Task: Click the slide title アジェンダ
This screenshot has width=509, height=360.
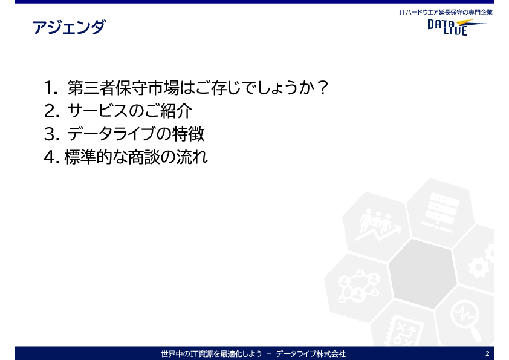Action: [x=69, y=27]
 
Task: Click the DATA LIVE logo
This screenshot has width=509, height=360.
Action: [x=456, y=27]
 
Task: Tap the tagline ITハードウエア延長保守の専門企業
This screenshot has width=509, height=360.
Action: [x=446, y=12]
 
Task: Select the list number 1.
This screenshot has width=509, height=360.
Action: [x=51, y=88]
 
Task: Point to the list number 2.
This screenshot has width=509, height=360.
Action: [x=51, y=111]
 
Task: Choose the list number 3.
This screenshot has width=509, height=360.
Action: [x=51, y=134]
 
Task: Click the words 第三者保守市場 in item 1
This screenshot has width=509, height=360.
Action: [x=123, y=88]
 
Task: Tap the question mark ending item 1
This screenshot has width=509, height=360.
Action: [x=322, y=88]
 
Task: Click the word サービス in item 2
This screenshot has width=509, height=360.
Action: [x=97, y=111]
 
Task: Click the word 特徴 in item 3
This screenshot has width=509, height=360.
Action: [x=188, y=134]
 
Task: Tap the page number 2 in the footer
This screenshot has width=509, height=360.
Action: [x=487, y=353]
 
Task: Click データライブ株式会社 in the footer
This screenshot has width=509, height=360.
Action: [x=311, y=353]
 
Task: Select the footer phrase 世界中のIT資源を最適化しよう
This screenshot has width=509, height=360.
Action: [x=212, y=353]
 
